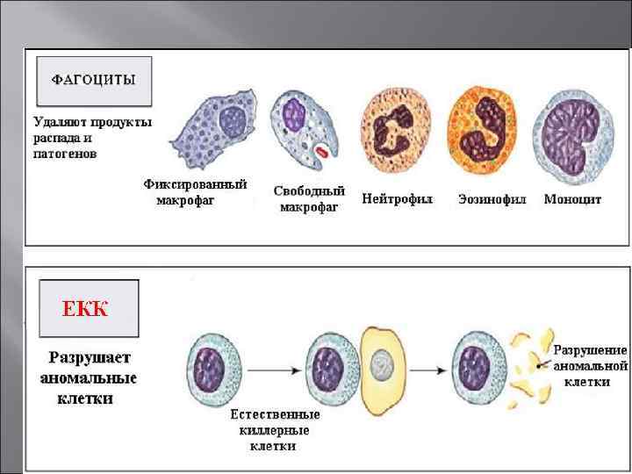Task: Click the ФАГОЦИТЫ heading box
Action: [94, 82]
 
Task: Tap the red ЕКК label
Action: [85, 308]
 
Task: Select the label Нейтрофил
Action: [397, 199]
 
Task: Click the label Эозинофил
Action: [492, 199]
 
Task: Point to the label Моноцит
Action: [572, 199]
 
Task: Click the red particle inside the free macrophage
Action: [322, 154]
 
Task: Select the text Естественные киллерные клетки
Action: [275, 430]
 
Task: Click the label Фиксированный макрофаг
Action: [195, 192]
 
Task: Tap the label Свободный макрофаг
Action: [309, 198]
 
